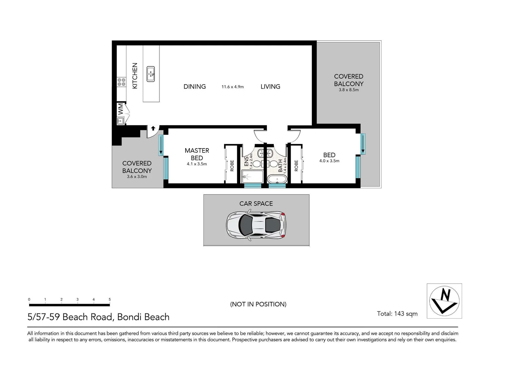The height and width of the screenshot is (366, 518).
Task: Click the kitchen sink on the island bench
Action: click(x=151, y=74)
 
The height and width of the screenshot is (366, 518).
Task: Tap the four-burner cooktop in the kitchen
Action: click(x=121, y=82)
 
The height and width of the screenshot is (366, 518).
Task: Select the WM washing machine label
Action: click(x=120, y=109)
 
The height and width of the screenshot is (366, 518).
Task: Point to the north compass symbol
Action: click(x=444, y=301)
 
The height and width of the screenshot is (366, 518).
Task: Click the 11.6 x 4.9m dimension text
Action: click(x=232, y=87)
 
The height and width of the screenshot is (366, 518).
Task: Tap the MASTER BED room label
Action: click(x=197, y=154)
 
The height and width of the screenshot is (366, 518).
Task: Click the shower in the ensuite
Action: click(x=252, y=177)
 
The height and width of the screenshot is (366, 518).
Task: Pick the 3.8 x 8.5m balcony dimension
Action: click(x=348, y=90)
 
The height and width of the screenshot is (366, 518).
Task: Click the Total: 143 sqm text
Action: click(x=397, y=314)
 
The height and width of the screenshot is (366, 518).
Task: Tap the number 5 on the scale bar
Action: click(x=110, y=300)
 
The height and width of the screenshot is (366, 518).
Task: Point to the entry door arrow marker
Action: click(x=153, y=128)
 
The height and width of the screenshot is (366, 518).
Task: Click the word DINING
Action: click(x=194, y=87)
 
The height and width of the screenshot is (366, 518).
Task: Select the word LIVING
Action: click(x=270, y=87)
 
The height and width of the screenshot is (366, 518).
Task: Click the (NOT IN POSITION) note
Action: click(x=258, y=304)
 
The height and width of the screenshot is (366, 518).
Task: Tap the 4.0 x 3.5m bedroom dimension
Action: click(x=329, y=161)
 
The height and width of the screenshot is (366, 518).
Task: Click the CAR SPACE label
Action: click(x=256, y=204)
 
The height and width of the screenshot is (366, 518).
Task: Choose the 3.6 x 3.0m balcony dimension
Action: click(x=137, y=177)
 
